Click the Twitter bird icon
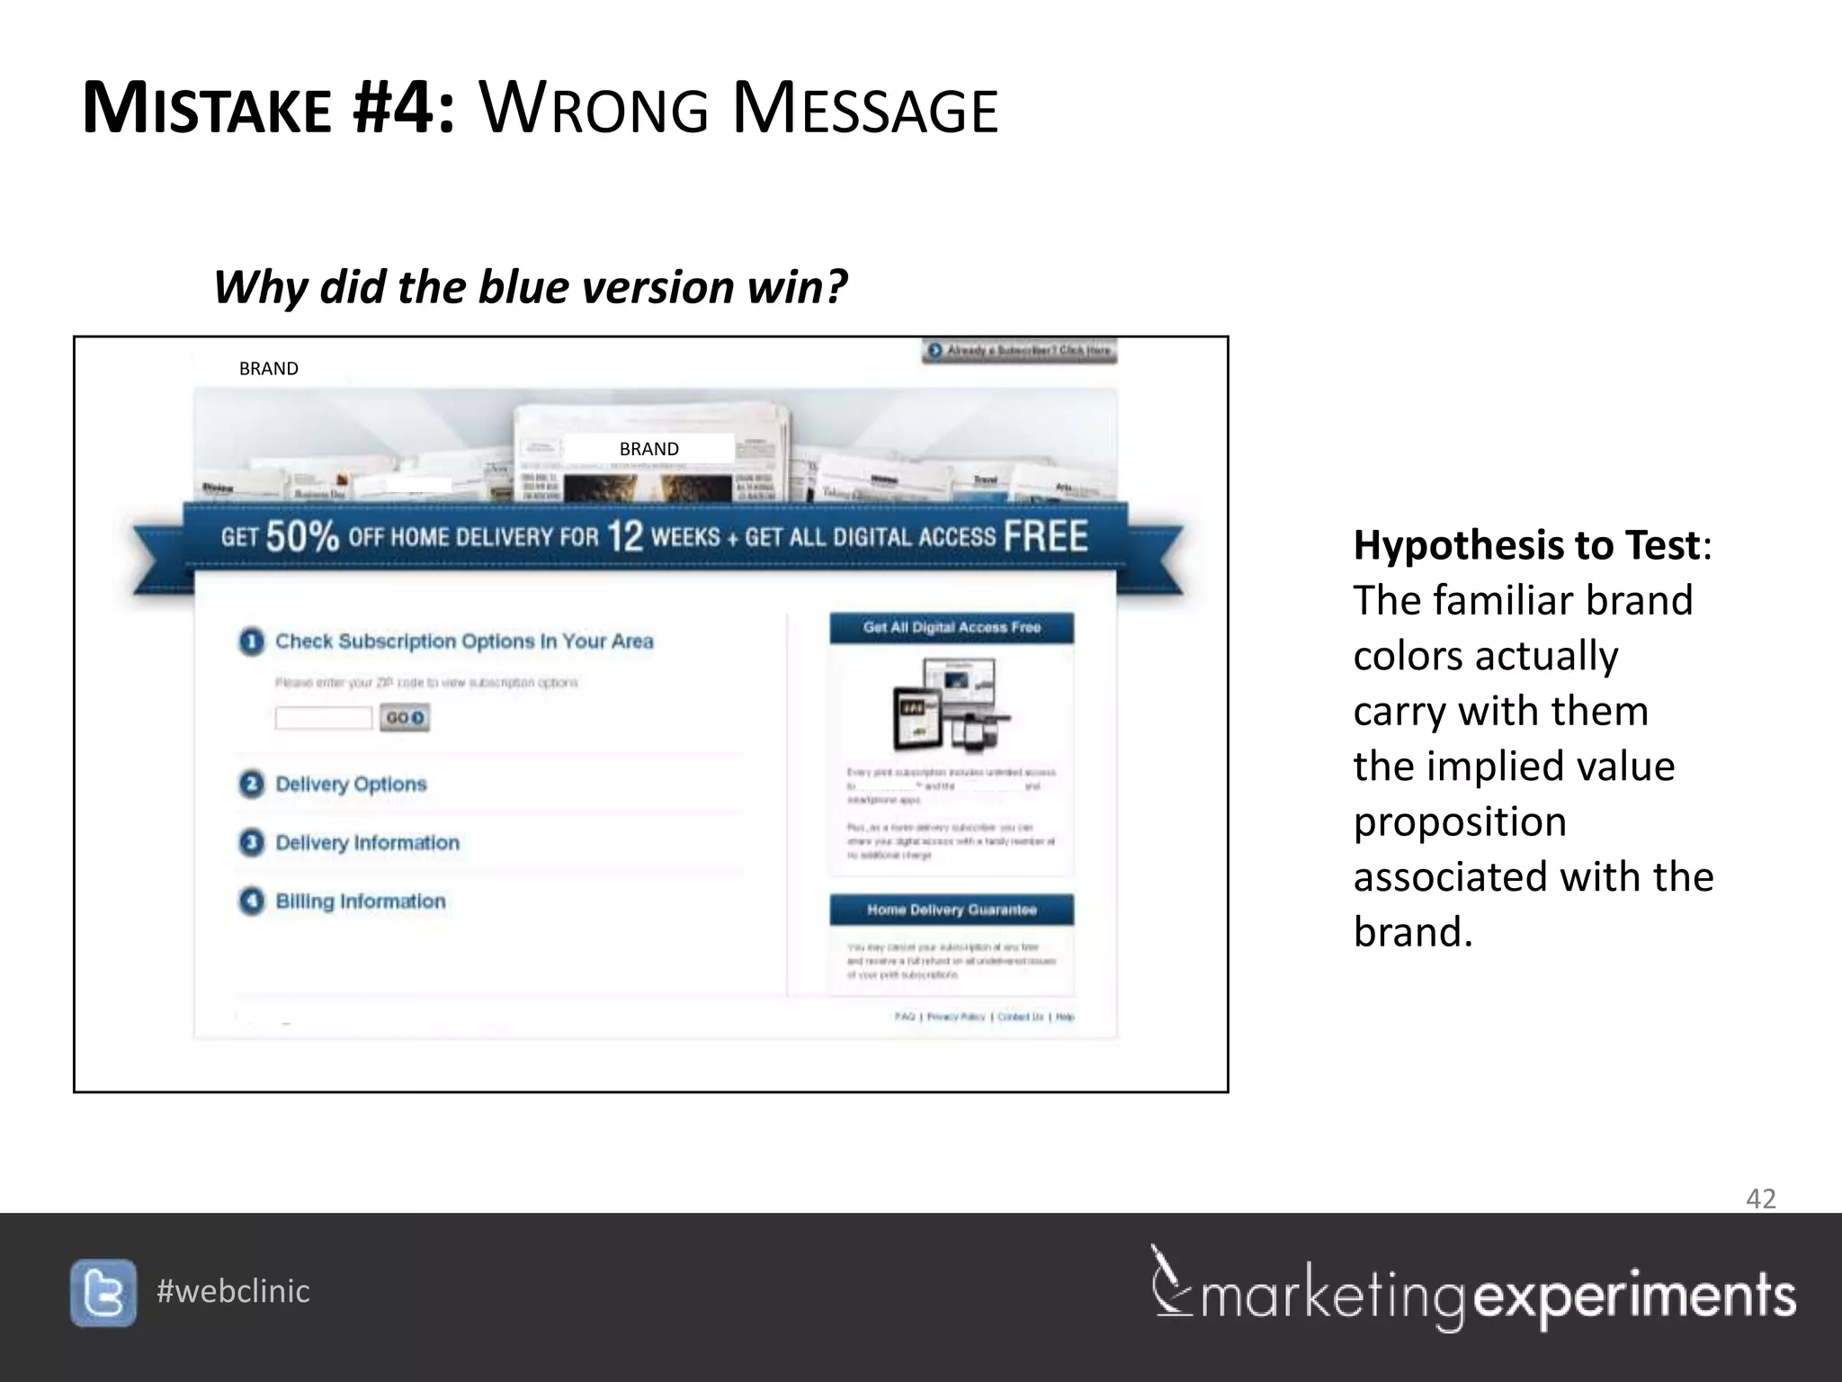103,1293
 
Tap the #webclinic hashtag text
233,1291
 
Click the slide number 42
1760,1198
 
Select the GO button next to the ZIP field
405,718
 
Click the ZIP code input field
323,718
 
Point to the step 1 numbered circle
252,642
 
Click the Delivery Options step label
351,784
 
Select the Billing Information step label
360,902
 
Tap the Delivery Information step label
367,843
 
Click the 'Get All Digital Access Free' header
952,628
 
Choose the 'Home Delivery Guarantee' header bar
952,910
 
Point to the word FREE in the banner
1045,536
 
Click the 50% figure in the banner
302,536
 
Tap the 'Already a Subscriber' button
1020,350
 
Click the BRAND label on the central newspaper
648,448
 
